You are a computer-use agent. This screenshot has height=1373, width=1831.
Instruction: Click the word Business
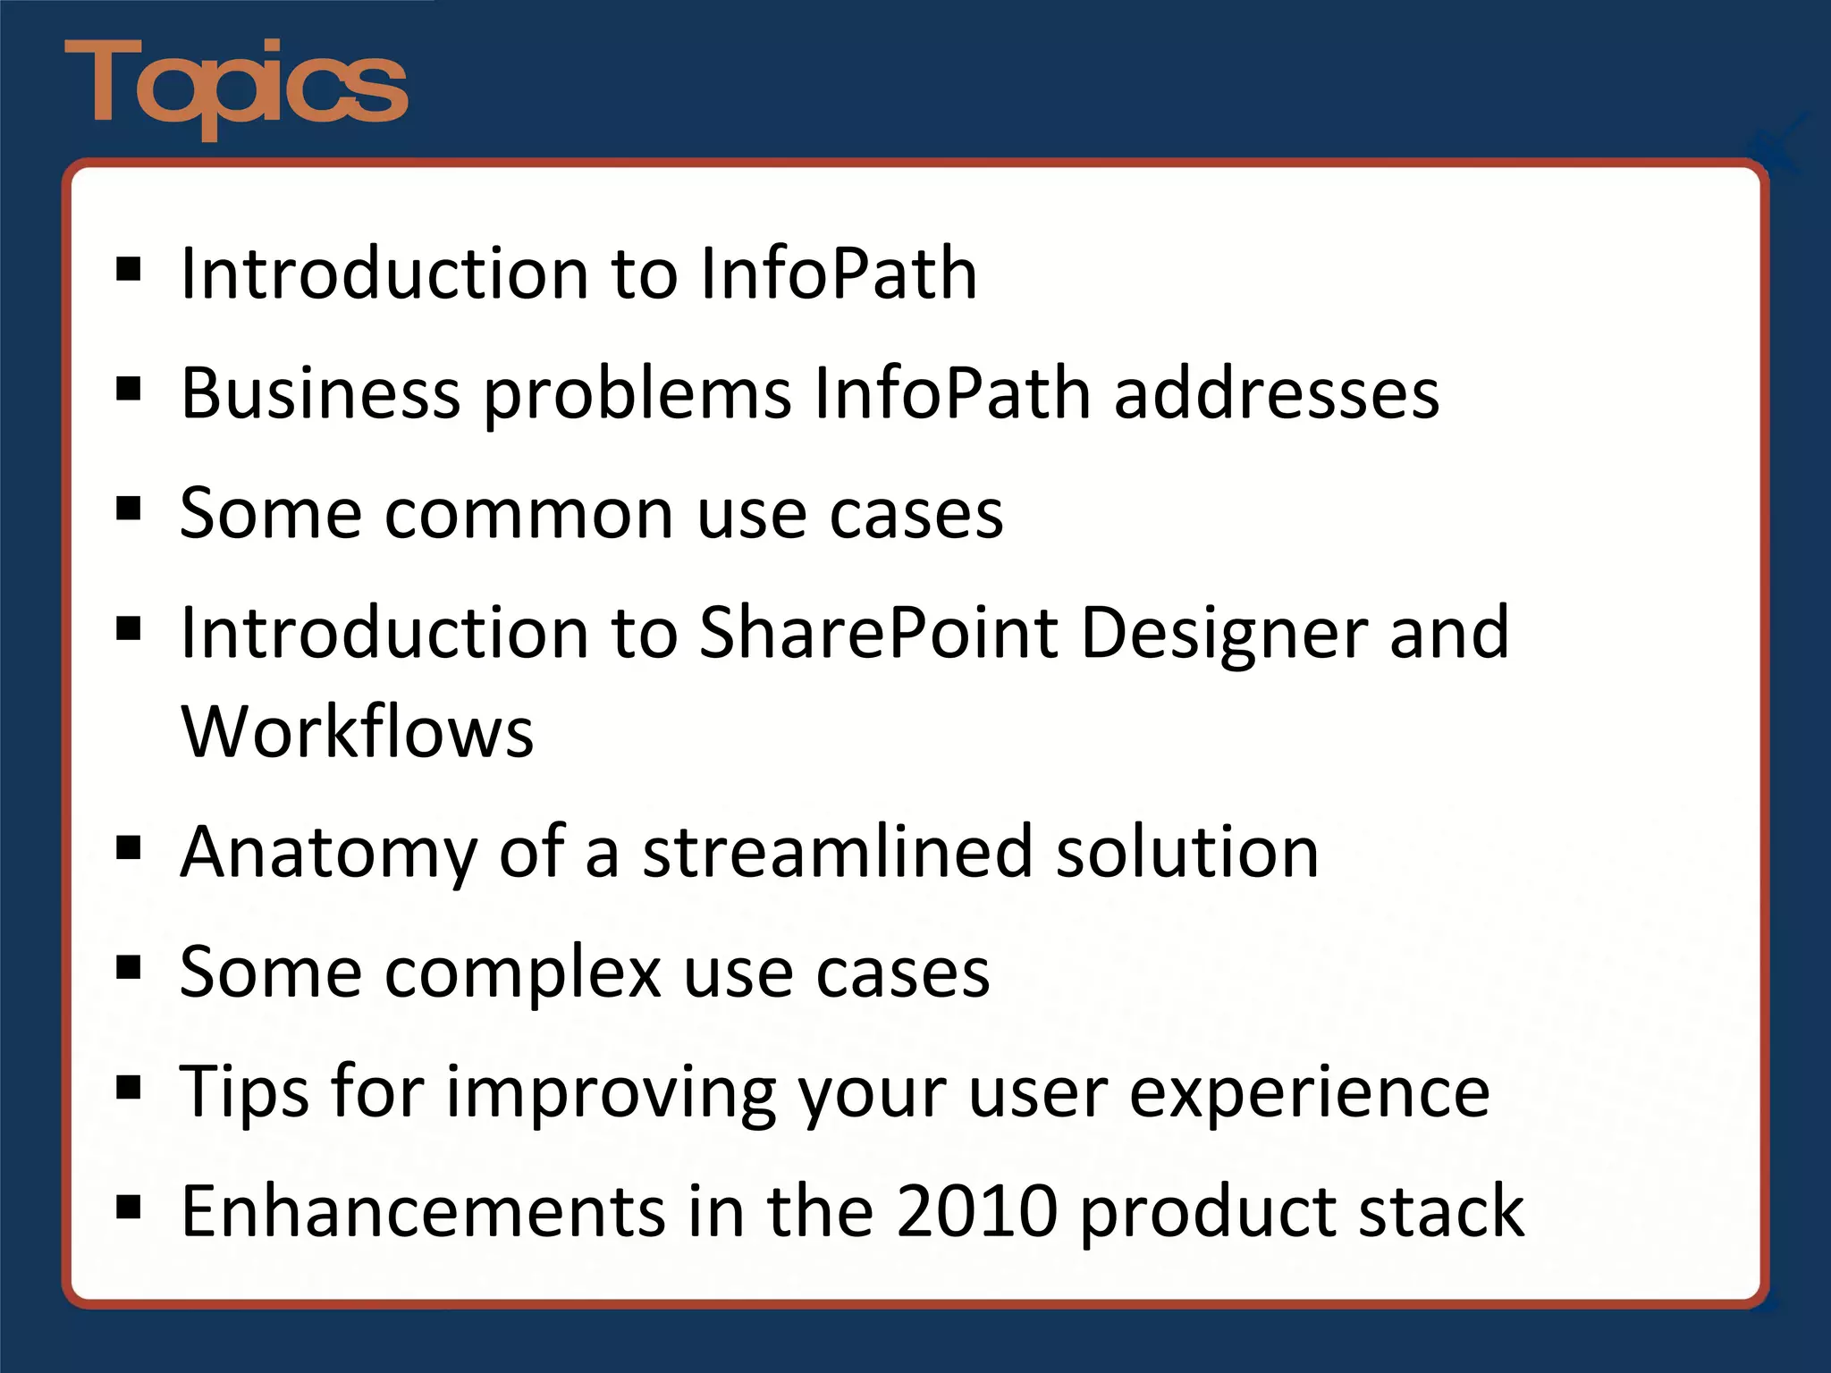coord(320,393)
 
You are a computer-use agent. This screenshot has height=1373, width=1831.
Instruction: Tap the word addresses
coord(1277,393)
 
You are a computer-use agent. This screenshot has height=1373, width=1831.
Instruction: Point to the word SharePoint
coord(878,633)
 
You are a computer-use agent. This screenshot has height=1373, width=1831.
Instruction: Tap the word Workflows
coord(357,731)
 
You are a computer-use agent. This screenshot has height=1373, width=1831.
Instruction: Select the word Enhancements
coord(423,1211)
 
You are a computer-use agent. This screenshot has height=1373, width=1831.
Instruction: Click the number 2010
coord(976,1211)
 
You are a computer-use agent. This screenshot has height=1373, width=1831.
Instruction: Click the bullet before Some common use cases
coord(129,509)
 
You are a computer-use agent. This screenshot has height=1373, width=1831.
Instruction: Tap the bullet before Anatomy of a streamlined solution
coord(129,847)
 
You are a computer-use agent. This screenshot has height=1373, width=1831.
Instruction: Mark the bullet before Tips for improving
coord(129,1087)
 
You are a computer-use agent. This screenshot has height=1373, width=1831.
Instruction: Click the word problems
coord(637,395)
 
